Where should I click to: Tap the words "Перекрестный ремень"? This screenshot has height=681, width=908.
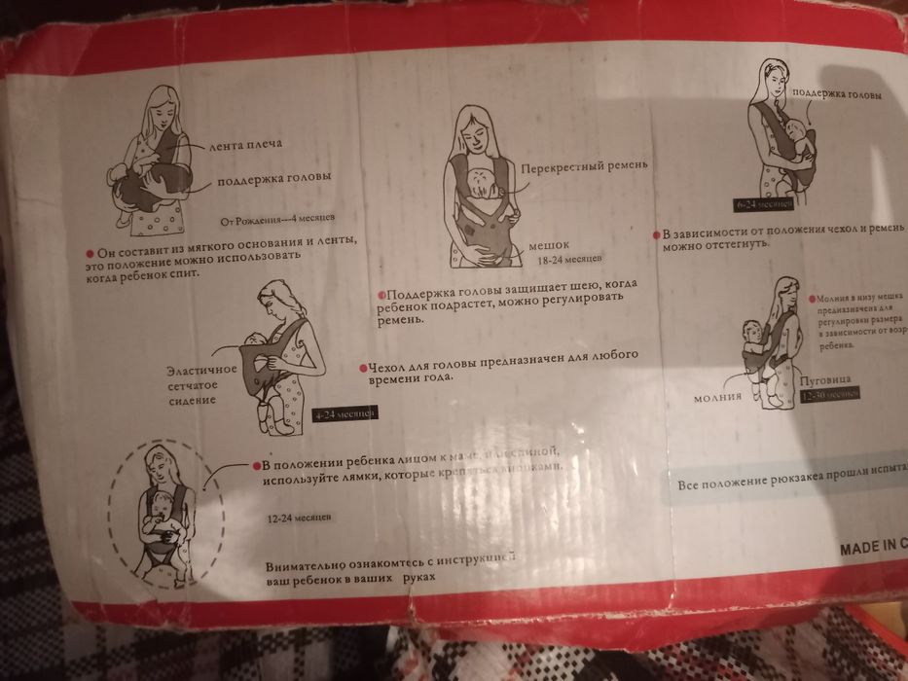coord(582,166)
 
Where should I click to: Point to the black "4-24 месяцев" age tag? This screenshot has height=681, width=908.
coord(344,414)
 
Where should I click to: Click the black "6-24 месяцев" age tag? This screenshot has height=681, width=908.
coord(764,205)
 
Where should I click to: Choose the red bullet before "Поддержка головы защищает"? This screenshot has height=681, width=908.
coord(381,295)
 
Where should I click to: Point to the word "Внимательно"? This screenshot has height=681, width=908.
coord(302,567)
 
